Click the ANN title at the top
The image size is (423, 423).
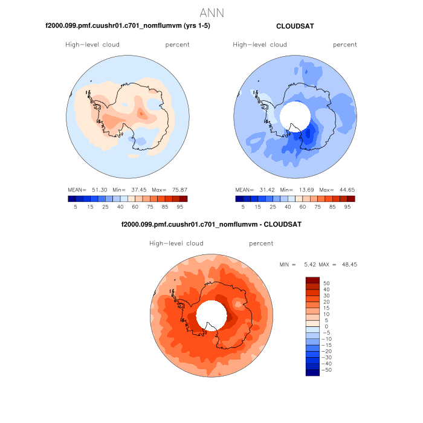point(211,13)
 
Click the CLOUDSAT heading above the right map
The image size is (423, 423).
point(294,26)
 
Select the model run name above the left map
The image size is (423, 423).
point(128,26)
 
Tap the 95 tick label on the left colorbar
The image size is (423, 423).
point(179,207)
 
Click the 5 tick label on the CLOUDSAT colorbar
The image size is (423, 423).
point(242,207)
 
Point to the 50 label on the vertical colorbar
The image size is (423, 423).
point(326,283)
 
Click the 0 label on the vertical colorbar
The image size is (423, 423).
point(326,326)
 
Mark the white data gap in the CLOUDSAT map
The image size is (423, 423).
point(295,114)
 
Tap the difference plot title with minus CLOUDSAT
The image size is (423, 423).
point(211,224)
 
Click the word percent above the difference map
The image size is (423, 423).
point(261,244)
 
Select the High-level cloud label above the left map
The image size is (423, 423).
point(92,45)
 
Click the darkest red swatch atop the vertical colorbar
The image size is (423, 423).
point(312,280)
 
